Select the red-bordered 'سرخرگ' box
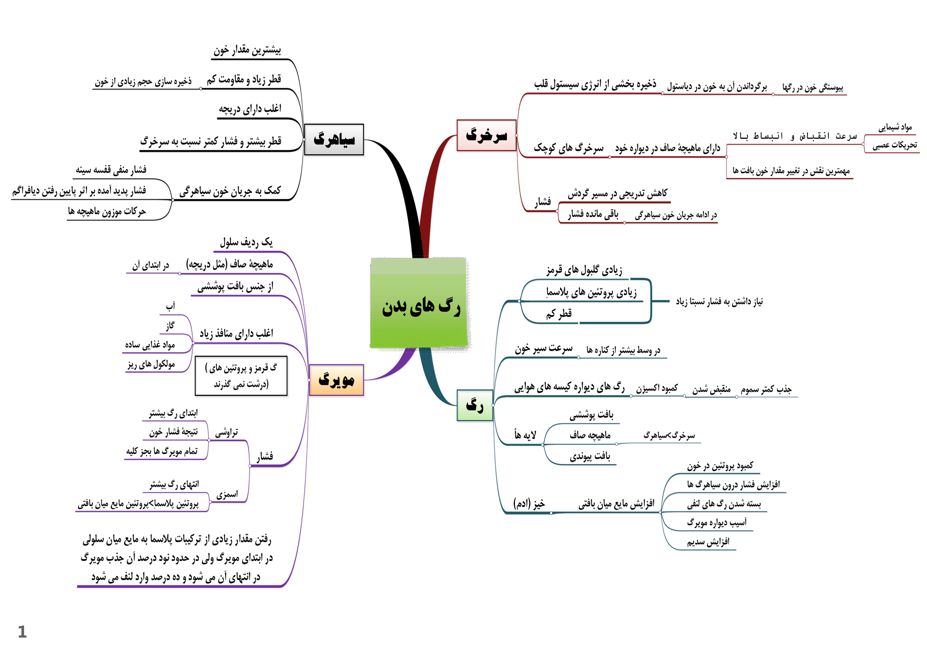[486, 135]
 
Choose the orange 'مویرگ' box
[336, 380]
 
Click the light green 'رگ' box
[475, 405]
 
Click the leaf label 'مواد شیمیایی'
[895, 128]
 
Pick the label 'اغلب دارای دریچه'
[250, 109]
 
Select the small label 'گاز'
[170, 325]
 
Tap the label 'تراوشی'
[226, 433]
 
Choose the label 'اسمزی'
[227, 494]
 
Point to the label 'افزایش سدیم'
[708, 542]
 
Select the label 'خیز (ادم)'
[529, 504]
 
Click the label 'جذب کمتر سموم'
[766, 389]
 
